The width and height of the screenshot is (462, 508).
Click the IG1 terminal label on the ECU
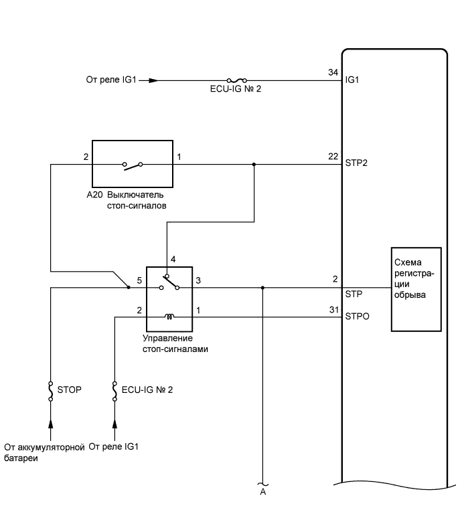[352, 80]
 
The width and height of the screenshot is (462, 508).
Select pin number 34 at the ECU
[333, 72]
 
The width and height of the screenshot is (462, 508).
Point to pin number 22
[333, 157]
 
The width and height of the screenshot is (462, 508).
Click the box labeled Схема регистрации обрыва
[416, 289]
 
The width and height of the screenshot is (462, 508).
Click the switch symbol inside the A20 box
[132, 164]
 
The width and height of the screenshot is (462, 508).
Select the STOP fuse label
[70, 388]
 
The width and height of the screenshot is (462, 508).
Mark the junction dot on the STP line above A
[262, 288]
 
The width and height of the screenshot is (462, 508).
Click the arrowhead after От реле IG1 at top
[153, 80]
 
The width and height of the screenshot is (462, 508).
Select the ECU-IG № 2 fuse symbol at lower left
[115, 391]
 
